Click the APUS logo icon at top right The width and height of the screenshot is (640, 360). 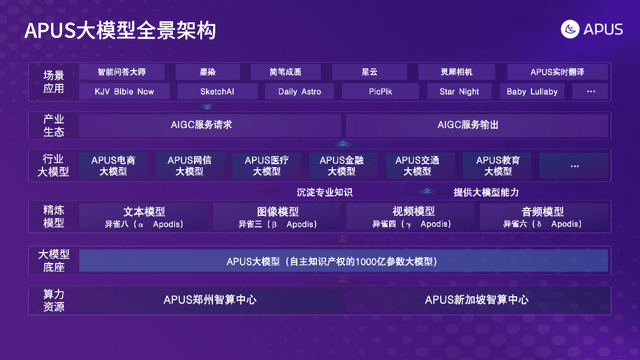click(569, 29)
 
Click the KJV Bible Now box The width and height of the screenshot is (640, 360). click(125, 91)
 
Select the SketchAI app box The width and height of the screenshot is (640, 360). click(217, 91)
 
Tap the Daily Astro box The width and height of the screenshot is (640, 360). click(300, 91)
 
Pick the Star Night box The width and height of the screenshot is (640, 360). click(459, 91)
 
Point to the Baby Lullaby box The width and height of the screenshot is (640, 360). click(532, 91)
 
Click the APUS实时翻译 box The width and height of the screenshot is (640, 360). click(557, 72)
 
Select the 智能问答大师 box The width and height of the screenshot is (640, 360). click(122, 72)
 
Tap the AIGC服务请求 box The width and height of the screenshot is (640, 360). click(210, 125)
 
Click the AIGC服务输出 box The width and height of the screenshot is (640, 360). click(476, 125)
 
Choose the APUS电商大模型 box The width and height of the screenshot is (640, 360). click(113, 165)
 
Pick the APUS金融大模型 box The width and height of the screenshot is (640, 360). click(342, 165)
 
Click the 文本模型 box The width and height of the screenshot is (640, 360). click(143, 216)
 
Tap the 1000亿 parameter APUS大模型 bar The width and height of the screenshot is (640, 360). click(343, 261)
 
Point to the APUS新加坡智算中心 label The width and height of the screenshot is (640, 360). click(476, 300)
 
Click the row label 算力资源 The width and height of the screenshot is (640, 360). click(53, 300)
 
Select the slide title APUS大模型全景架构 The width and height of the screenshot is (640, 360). click(120, 30)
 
